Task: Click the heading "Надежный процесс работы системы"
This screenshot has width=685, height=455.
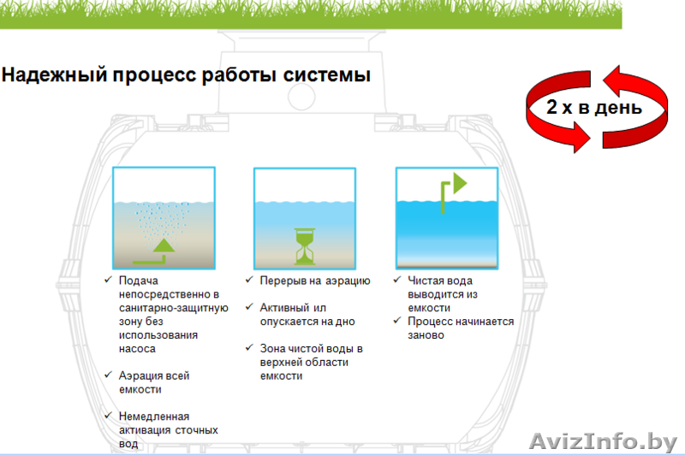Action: (x=186, y=75)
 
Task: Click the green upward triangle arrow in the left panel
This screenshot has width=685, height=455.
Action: (x=163, y=248)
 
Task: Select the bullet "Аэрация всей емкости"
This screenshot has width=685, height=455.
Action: (x=154, y=381)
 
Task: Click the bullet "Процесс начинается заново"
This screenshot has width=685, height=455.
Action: (x=460, y=328)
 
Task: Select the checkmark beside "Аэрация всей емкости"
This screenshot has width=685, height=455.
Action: (x=107, y=375)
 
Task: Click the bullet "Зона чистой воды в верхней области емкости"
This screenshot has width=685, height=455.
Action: (x=312, y=362)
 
